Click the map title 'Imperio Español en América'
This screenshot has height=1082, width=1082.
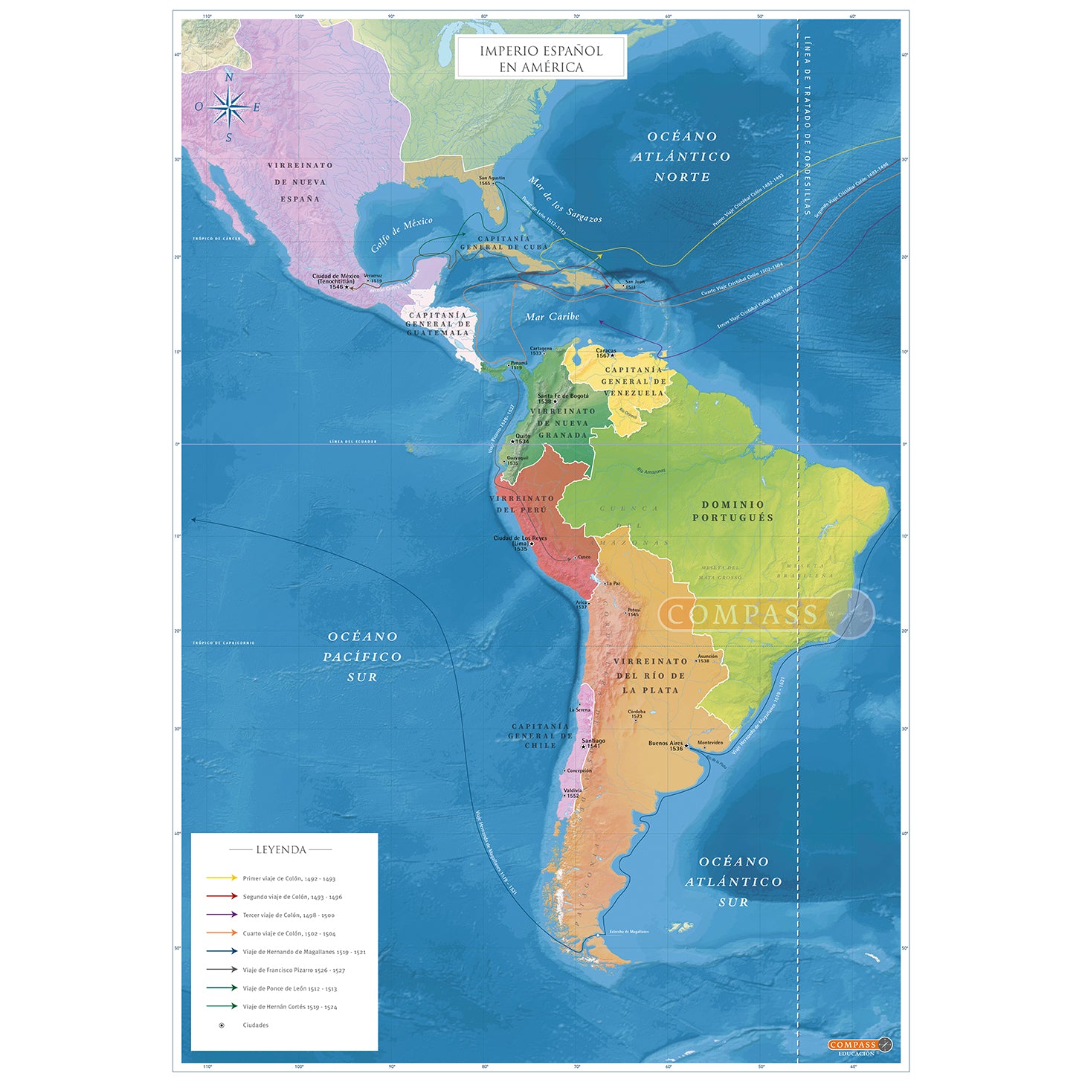click(541, 58)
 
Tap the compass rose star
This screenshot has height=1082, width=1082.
click(229, 107)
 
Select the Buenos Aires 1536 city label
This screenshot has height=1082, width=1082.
click(666, 745)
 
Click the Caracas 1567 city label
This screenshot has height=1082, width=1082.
click(605, 352)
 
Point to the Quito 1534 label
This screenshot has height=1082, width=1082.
click(523, 439)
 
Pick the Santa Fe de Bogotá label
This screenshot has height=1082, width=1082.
click(562, 398)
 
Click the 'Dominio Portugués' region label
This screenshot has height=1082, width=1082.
click(732, 511)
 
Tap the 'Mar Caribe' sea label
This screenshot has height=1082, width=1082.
click(552, 317)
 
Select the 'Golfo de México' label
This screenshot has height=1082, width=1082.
click(402, 234)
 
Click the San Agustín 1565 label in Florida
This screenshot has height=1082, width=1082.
click(492, 180)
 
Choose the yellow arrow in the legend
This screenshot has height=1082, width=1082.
click(222, 878)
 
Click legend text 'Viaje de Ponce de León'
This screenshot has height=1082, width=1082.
click(289, 988)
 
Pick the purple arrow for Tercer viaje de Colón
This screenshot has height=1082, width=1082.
click(222, 915)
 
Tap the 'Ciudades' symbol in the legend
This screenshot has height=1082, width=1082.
click(222, 1025)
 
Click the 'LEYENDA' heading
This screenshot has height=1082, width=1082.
click(281, 849)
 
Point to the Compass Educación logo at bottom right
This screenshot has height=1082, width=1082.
click(859, 1046)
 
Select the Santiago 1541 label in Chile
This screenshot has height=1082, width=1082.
click(593, 743)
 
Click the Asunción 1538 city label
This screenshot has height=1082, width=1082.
click(707, 658)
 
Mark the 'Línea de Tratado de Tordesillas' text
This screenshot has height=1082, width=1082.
click(807, 126)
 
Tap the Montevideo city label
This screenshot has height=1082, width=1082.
click(710, 742)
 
